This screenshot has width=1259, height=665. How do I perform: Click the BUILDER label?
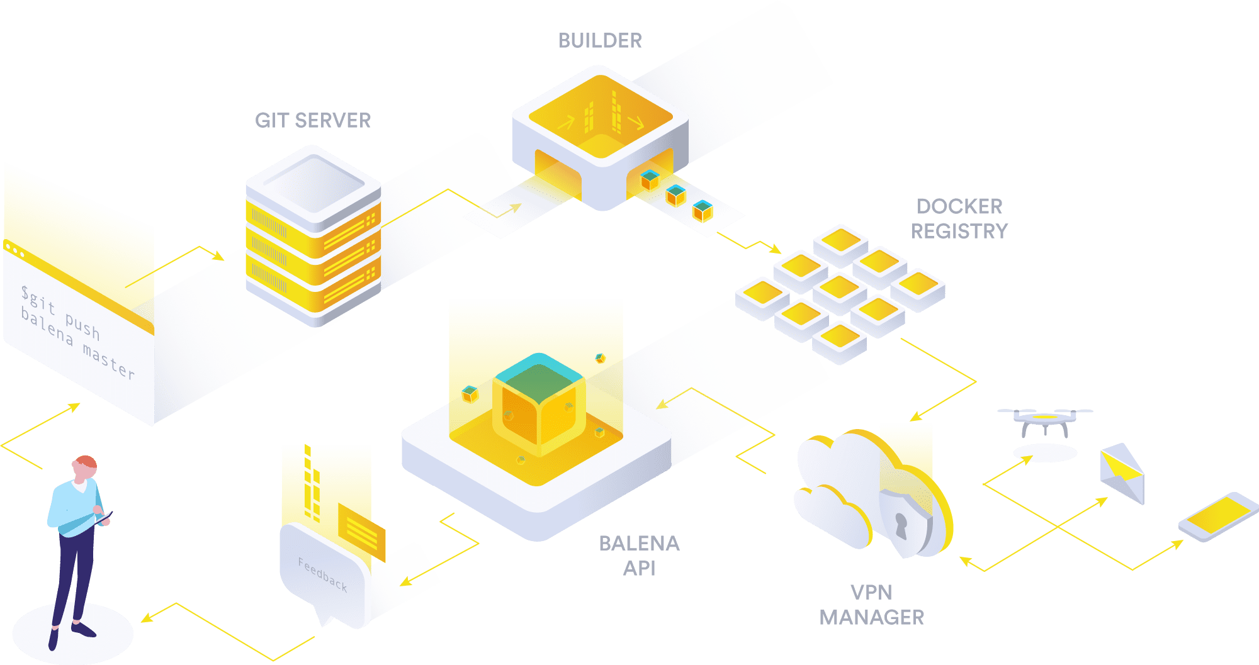click(600, 40)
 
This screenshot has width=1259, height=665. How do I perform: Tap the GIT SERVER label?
click(313, 120)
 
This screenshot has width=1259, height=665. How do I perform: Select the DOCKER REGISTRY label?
click(959, 219)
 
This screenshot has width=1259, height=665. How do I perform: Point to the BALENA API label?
click(639, 556)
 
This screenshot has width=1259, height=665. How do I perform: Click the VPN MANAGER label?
click(872, 605)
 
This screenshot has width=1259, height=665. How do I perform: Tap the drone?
click(1044, 420)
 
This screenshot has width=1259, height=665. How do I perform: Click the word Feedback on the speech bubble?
click(322, 574)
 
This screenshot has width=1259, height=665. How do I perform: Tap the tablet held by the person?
click(102, 518)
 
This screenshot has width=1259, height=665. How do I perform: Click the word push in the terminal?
click(82, 326)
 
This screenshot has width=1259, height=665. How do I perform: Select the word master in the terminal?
click(108, 362)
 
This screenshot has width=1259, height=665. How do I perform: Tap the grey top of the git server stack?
click(313, 182)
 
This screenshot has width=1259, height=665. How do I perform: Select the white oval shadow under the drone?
click(1045, 452)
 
